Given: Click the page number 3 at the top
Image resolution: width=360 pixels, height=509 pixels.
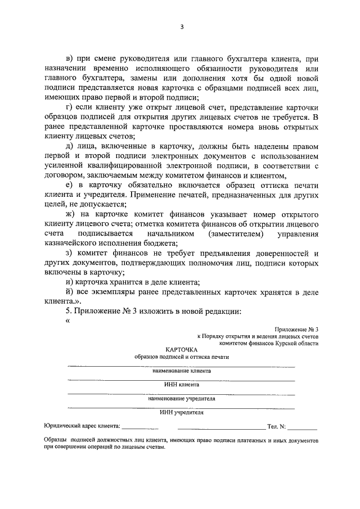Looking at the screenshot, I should pyautogui.click(x=181, y=27).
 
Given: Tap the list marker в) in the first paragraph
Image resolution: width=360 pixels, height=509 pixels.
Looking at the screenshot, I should pyautogui.click(x=70, y=58).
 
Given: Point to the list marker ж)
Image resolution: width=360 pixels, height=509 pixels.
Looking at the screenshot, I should pyautogui.click(x=70, y=215).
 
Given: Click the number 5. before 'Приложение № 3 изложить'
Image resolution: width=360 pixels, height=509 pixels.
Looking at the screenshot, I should pyautogui.click(x=69, y=311).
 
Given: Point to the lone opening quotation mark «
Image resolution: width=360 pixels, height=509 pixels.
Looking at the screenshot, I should pyautogui.click(x=67, y=321).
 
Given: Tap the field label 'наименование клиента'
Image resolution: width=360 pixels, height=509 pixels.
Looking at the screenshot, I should pyautogui.click(x=181, y=371).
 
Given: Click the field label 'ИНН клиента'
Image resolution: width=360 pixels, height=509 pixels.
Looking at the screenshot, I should pyautogui.click(x=181, y=385).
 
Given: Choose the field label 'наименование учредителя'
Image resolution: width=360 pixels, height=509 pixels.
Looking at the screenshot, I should pyautogui.click(x=181, y=398).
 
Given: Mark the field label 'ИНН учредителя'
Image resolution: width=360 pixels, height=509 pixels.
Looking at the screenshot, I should pyautogui.click(x=181, y=412).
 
